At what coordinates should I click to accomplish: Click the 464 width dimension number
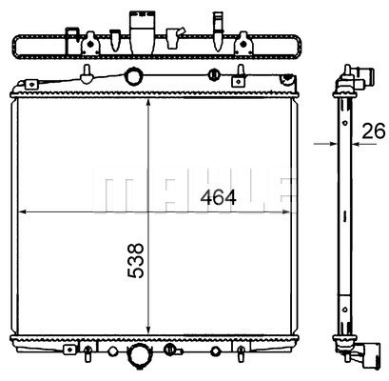[218, 197]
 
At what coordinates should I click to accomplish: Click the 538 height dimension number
[136, 261]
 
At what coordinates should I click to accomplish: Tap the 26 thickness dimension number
[374, 130]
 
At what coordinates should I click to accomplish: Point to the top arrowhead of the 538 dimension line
[148, 104]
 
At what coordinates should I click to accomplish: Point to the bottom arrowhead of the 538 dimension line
[148, 330]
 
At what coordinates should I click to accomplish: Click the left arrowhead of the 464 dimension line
[24, 211]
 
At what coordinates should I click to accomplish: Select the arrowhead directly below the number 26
[357, 144]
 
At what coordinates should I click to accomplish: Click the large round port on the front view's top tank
[134, 76]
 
